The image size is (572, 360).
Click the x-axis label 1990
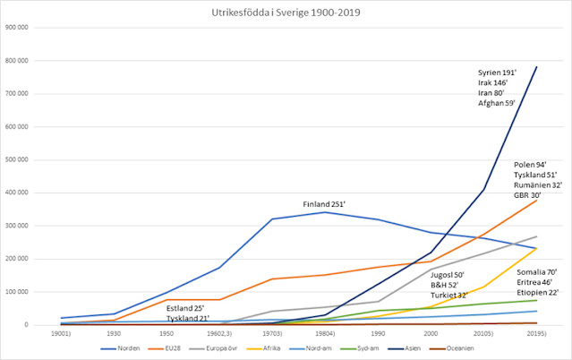(x=378, y=332)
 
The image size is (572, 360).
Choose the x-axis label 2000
(x=431, y=332)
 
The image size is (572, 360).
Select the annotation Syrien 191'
(x=498, y=71)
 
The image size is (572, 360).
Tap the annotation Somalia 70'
(x=536, y=270)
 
